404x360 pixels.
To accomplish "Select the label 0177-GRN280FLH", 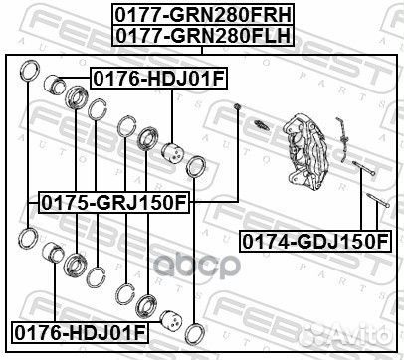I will (x=202, y=35).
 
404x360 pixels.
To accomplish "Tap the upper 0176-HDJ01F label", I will (x=146, y=76).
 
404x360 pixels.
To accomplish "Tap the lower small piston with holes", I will (x=172, y=321).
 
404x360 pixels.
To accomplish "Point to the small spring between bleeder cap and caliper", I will (x=262, y=126).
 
